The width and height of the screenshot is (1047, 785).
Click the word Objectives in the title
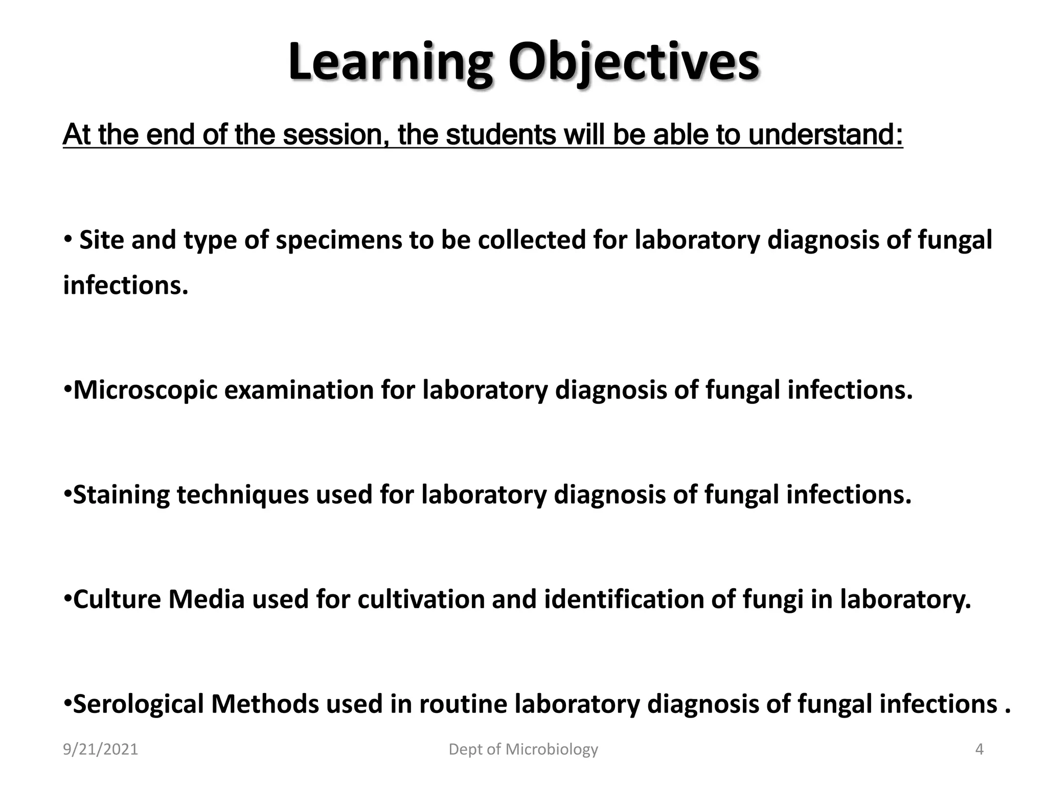coord(633,64)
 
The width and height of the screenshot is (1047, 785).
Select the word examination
coord(299,390)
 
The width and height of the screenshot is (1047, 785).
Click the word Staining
coord(121,495)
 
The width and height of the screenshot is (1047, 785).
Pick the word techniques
coord(243,495)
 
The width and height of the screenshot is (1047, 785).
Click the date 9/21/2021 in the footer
coord(100,749)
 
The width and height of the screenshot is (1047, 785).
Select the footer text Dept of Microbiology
coord(523,749)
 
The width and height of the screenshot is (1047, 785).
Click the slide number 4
coord(979,749)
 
